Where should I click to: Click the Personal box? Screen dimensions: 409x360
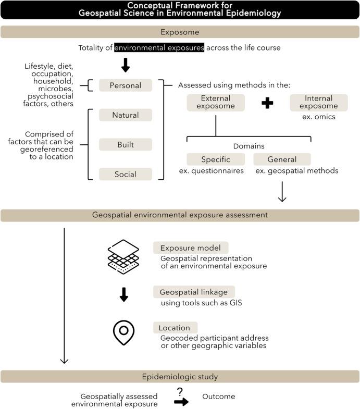(125, 85)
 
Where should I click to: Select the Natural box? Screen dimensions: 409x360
(125, 115)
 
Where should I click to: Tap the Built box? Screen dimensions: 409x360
(125, 144)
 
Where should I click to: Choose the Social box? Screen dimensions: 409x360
(125, 174)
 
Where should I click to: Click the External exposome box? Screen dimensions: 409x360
(215, 103)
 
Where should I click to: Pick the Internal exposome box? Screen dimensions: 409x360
(318, 103)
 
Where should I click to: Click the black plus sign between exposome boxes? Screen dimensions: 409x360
(267, 103)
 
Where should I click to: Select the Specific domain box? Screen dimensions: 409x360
(216, 159)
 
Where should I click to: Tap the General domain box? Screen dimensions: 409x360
(282, 159)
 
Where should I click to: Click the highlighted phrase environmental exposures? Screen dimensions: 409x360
(159, 48)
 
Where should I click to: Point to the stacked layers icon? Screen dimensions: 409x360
(123, 256)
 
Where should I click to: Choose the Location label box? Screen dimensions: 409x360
(175, 328)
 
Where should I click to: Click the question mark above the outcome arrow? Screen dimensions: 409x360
(180, 391)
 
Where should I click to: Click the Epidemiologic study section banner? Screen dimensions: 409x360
(180, 376)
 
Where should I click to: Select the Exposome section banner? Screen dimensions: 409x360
(180, 32)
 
